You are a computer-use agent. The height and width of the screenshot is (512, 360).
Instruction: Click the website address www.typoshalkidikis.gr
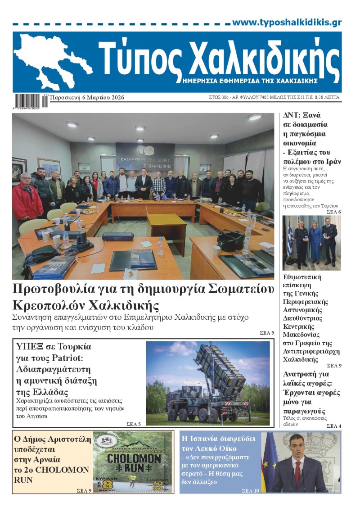(x=287, y=23)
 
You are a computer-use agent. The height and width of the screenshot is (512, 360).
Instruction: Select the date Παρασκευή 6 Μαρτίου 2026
(x=87, y=98)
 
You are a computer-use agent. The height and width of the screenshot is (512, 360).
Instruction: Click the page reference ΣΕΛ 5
(x=134, y=424)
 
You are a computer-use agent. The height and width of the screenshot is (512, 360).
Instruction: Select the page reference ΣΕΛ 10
(x=251, y=490)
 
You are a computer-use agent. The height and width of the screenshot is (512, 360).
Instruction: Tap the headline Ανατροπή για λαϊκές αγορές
(x=306, y=383)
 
